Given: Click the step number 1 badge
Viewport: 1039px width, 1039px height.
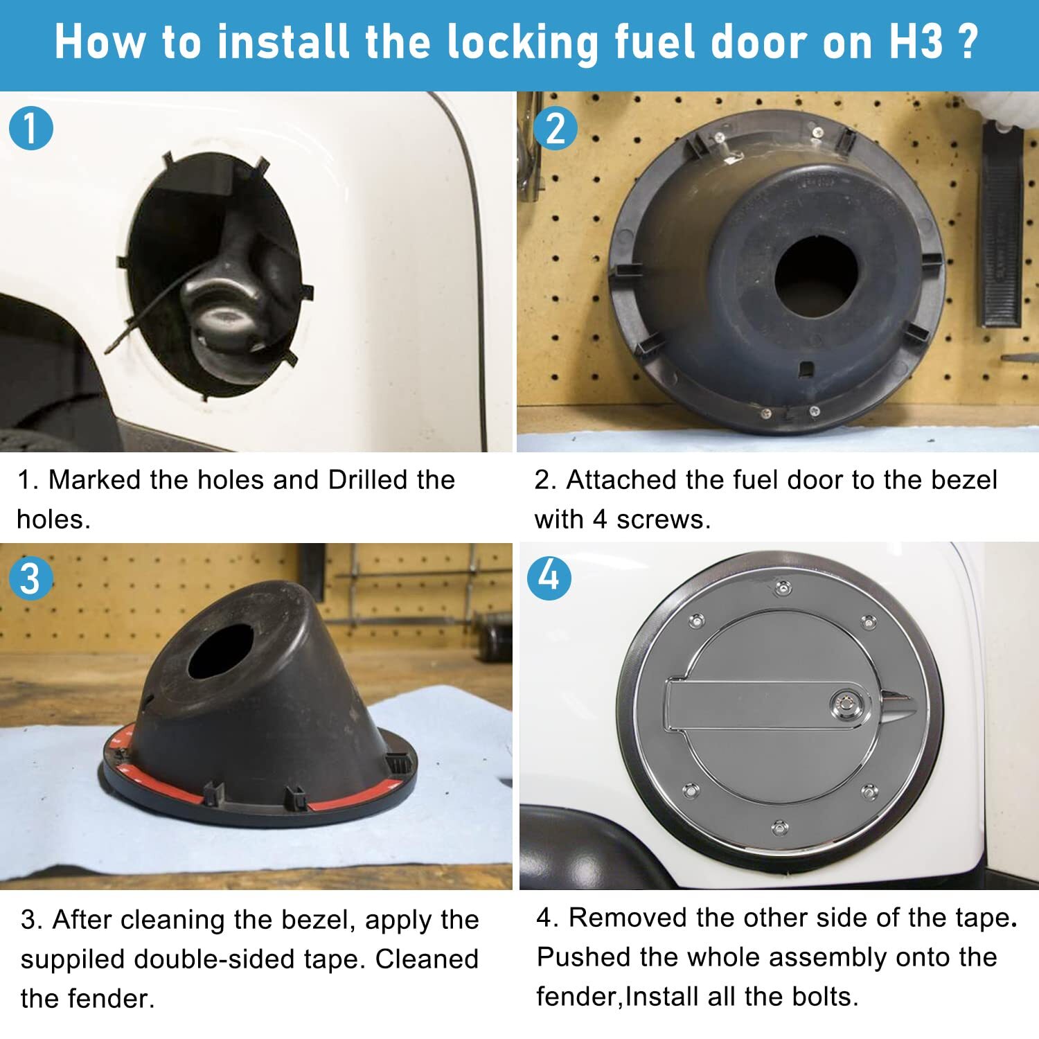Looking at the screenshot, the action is click(31, 128).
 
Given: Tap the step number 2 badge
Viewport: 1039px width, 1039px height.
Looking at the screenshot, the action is click(556, 128).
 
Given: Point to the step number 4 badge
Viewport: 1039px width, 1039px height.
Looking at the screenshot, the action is click(549, 576).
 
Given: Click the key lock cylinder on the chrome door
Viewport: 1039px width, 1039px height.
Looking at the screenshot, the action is click(847, 705).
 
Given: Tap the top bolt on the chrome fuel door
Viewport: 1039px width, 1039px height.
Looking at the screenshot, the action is click(783, 588).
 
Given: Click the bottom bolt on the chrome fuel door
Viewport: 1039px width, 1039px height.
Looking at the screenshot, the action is click(780, 827).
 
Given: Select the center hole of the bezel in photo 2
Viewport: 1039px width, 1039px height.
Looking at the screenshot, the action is click(817, 276).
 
